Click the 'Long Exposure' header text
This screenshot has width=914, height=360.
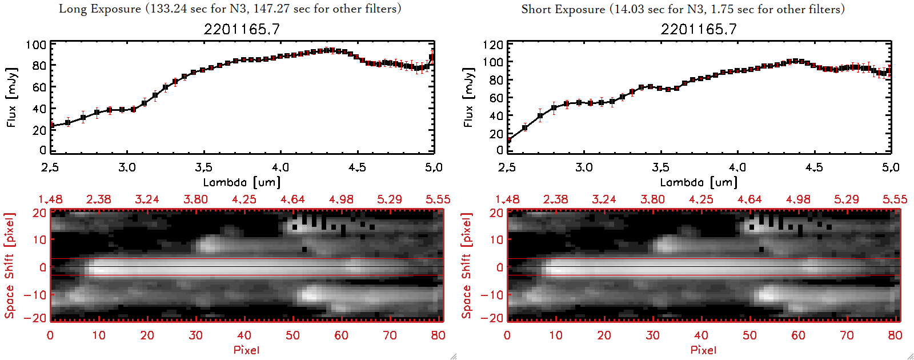[x=99, y=9]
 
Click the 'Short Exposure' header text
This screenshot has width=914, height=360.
[x=563, y=9]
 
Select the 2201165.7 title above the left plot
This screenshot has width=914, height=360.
[x=242, y=29]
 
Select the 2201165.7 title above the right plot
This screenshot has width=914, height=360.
[x=699, y=29]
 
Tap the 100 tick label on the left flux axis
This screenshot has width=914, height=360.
[x=36, y=45]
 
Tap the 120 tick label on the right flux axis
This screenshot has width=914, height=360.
[x=493, y=45]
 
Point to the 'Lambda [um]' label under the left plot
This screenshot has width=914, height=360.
[x=242, y=182]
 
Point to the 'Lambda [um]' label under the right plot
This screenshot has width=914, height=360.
[x=699, y=182]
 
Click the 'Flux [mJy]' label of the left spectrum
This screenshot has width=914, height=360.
[x=12, y=97]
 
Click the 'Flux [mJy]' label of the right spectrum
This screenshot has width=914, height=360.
[x=469, y=97]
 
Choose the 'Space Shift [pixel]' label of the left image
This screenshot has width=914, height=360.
[x=10, y=266]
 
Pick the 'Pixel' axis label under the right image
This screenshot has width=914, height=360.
[x=703, y=350]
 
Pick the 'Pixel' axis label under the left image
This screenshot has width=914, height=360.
[x=246, y=350]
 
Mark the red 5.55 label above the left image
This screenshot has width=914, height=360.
[x=438, y=199]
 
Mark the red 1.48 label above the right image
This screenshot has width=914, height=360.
[x=507, y=199]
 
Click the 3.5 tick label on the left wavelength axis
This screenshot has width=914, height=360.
[x=203, y=167]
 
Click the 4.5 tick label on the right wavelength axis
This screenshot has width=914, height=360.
[x=814, y=167]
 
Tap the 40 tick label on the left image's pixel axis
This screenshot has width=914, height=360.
[x=244, y=335]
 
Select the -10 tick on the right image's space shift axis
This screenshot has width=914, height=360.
[x=492, y=295]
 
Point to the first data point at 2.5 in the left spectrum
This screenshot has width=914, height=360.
[x=52, y=125]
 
